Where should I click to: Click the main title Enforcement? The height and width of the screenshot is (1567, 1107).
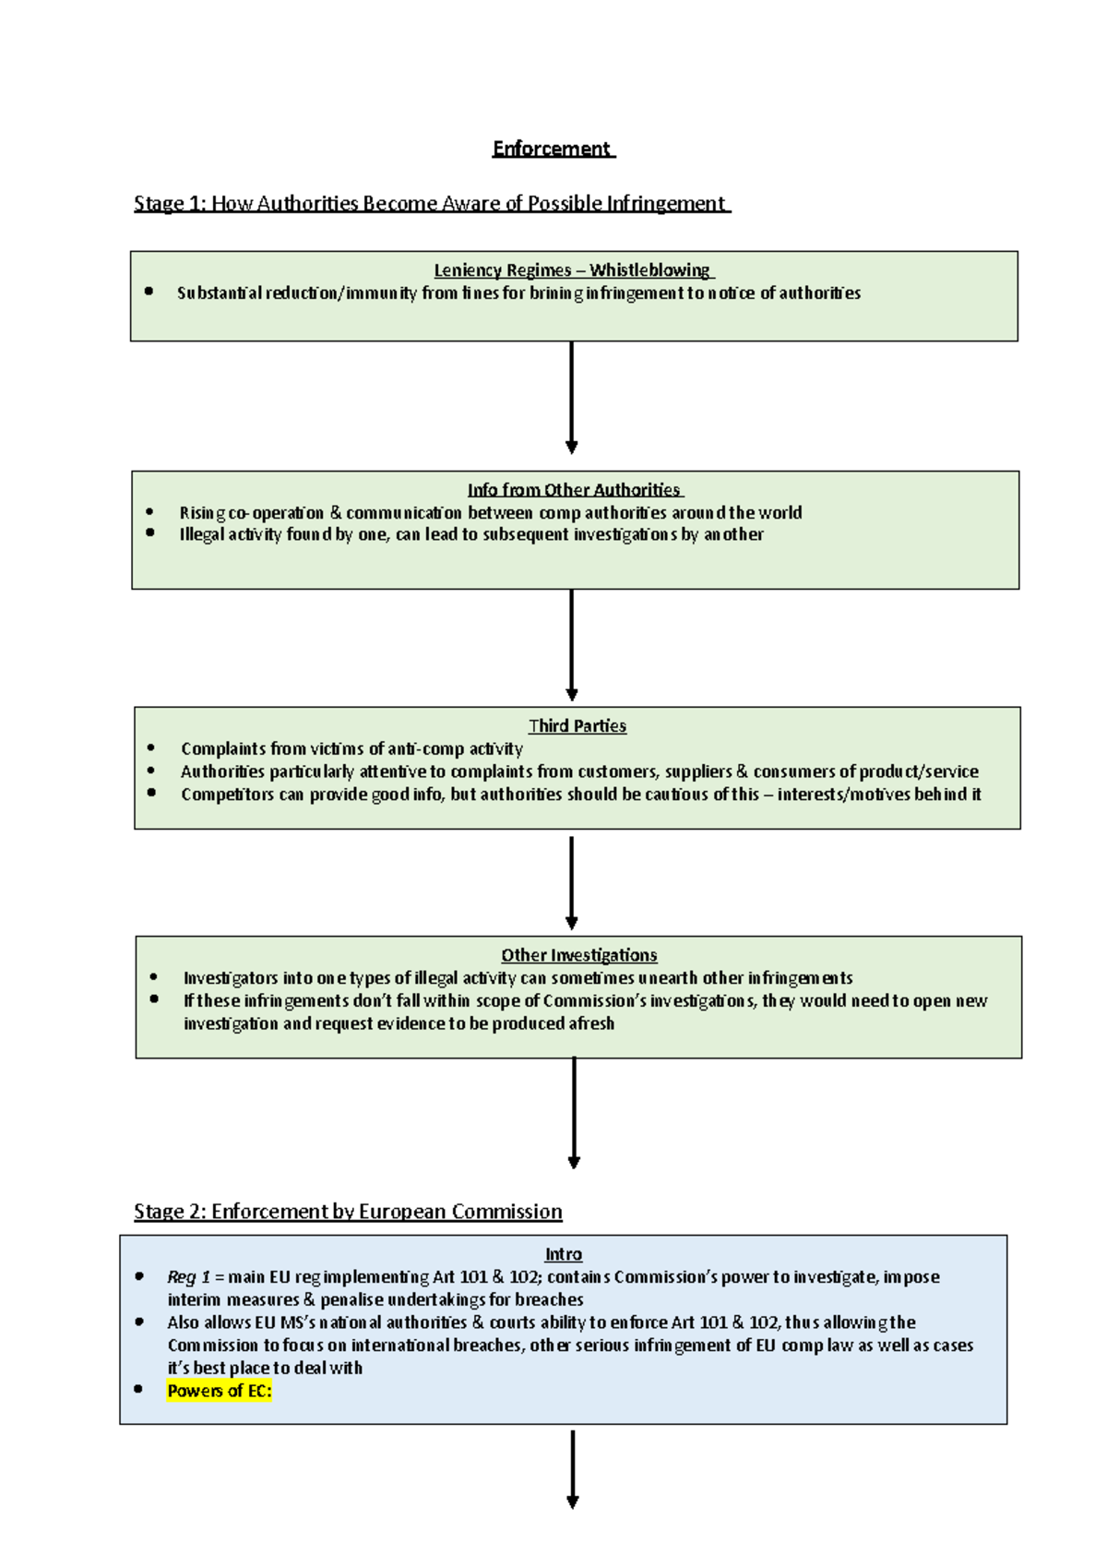[x=552, y=149]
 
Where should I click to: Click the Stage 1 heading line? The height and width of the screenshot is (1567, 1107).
[x=431, y=203]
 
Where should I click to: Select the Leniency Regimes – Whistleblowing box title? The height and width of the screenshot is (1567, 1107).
[x=573, y=270]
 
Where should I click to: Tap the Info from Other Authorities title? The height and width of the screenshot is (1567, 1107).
[x=574, y=490]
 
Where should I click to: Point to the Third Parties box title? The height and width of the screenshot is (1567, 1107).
[x=577, y=726]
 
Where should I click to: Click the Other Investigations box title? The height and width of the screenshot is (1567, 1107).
[x=578, y=955]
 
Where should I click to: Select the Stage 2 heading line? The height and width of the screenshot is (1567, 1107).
[x=348, y=1212]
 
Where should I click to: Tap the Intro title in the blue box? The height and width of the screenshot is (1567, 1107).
[x=563, y=1254]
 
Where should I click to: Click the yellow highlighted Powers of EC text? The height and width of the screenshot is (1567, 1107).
[x=220, y=1391]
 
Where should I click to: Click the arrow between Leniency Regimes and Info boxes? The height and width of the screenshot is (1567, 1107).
[x=572, y=398]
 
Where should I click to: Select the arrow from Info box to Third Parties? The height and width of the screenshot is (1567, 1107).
[x=572, y=645]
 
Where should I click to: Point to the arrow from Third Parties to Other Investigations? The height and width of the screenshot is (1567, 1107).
[x=572, y=882]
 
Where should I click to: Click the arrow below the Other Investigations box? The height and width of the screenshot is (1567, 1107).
[x=574, y=1112]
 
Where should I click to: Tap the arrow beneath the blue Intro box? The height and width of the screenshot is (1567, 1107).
[x=573, y=1468]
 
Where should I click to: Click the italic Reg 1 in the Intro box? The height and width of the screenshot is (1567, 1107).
[x=188, y=1277]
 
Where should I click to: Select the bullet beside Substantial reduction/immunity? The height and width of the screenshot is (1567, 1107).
[x=149, y=292]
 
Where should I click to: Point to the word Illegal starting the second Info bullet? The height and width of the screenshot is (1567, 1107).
[x=201, y=534]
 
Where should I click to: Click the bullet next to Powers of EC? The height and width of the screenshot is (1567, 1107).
[x=138, y=1389]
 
